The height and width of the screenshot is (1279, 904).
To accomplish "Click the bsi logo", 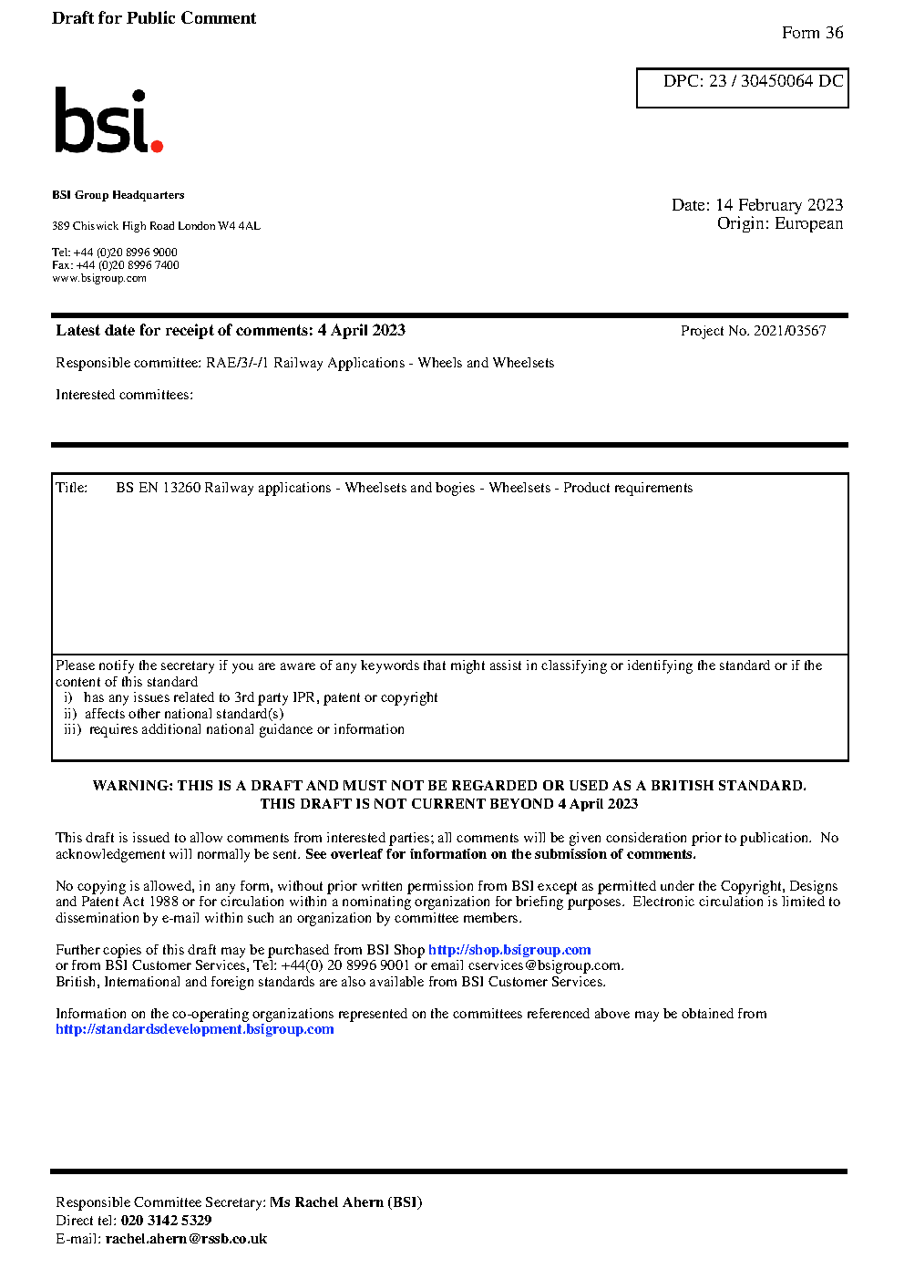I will click(108, 120).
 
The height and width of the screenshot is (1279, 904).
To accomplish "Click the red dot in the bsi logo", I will click(157, 145).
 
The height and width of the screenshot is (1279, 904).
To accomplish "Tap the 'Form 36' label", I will click(812, 33).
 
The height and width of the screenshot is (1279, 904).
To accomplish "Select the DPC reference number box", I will click(742, 88).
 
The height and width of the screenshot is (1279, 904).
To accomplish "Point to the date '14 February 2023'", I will click(779, 205).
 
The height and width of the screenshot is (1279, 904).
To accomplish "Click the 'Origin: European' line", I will click(779, 223).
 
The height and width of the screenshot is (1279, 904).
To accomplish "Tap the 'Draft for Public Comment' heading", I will click(154, 18).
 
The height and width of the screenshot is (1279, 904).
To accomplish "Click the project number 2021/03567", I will click(789, 331).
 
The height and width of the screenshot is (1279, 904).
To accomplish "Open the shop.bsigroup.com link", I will click(509, 950).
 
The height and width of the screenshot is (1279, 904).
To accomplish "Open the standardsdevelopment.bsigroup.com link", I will click(194, 1029).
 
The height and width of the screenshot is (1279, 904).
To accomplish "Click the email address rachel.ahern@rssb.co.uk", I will click(186, 1239).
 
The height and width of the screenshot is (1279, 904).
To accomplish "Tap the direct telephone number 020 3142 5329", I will click(166, 1221).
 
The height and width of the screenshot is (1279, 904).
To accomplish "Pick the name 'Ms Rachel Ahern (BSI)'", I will click(345, 1202).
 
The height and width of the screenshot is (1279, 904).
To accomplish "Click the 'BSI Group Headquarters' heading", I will click(118, 195).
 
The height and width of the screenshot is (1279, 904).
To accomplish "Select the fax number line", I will click(115, 265).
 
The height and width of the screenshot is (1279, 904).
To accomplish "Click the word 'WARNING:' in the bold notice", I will click(132, 786).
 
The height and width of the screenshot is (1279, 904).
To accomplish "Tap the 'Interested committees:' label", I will click(124, 395).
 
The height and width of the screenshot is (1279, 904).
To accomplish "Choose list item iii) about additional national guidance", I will click(234, 729).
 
